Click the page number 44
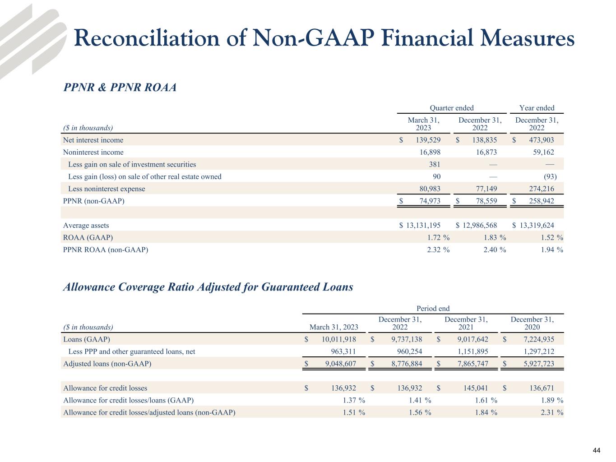click(596, 451)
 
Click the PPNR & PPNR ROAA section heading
click(120, 88)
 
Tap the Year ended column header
click(537, 108)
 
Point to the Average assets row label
click(86, 226)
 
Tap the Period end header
click(433, 309)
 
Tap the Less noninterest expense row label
click(107, 189)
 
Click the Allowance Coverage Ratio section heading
click(208, 287)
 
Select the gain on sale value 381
click(435, 165)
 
